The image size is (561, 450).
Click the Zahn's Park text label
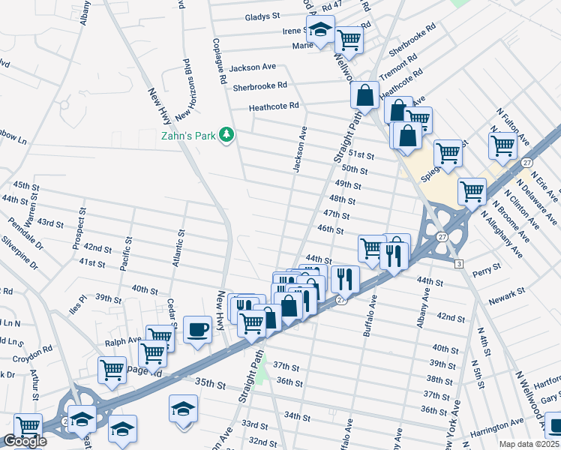click(x=188, y=136)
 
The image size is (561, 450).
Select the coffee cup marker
click(x=198, y=329)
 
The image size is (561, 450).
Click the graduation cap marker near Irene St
click(x=321, y=31)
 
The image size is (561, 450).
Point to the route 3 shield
click(x=458, y=262)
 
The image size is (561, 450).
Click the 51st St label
click(x=362, y=154)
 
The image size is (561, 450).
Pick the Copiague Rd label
click(x=218, y=59)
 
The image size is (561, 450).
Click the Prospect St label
click(x=77, y=233)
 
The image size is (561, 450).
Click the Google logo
click(x=25, y=441)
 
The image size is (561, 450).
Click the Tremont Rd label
click(x=397, y=70)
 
